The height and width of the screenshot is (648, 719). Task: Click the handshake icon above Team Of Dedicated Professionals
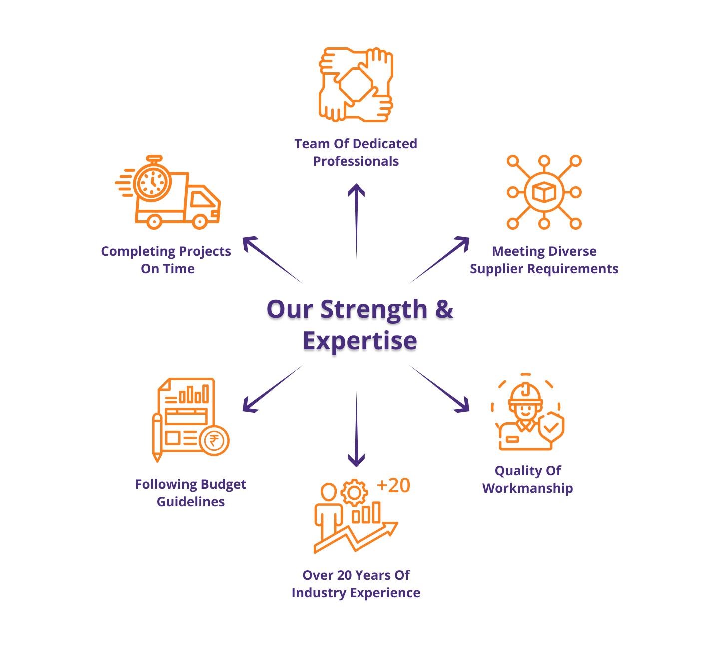coord(356,84)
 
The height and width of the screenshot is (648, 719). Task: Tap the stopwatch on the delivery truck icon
coord(152,182)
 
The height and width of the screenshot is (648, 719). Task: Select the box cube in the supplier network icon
coord(544,192)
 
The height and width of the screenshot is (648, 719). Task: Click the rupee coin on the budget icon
coord(214,441)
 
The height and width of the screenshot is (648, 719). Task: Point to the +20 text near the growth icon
coord(393,486)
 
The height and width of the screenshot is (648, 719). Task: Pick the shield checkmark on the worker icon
coord(551,427)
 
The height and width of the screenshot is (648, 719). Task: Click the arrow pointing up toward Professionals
coord(356,220)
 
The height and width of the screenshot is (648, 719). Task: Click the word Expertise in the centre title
coord(359,341)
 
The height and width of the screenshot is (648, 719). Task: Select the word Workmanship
coord(527,488)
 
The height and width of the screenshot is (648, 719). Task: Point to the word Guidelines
coord(191,502)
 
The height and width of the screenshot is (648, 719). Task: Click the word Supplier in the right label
coord(496,269)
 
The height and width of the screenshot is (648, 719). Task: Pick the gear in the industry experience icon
coord(354,493)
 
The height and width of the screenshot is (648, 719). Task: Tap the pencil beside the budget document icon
coord(157,437)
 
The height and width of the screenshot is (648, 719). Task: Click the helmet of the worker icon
coord(525,394)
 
